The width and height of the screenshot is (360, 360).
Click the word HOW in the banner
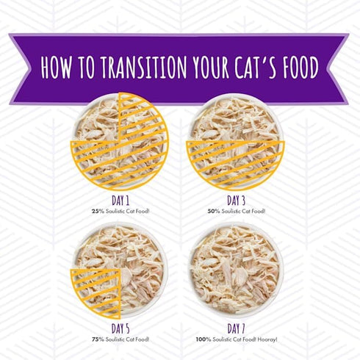click(57, 67)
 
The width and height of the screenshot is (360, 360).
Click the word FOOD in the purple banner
click(301, 67)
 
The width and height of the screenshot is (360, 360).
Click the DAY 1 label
click(120, 201)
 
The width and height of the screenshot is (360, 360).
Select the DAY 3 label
click(236, 201)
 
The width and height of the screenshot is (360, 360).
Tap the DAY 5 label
click(120, 328)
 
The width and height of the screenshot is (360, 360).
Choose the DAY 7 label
click(236, 328)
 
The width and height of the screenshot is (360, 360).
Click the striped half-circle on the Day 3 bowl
click(235, 162)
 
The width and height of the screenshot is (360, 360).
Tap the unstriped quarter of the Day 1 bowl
click(98, 120)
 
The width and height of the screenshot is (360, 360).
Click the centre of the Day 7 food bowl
click(236, 269)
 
